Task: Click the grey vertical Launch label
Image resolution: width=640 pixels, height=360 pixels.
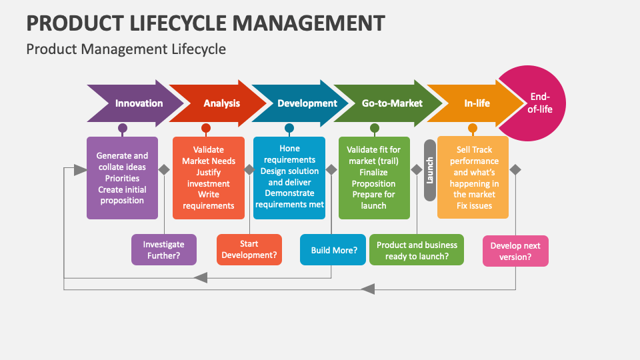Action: [430, 170]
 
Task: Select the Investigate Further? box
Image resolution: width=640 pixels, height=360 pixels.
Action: [164, 249]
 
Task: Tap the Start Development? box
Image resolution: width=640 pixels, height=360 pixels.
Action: [249, 249]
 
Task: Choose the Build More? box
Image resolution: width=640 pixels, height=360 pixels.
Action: [333, 250]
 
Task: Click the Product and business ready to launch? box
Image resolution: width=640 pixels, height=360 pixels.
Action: [417, 250]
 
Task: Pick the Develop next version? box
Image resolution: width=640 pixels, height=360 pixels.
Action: [515, 251]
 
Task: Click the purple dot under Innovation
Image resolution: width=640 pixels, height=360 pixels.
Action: [123, 128]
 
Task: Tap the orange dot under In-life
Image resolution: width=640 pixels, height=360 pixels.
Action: [473, 128]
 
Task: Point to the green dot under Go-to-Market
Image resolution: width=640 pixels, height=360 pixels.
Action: [375, 128]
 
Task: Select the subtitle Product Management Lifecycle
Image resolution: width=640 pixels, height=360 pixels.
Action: [126, 49]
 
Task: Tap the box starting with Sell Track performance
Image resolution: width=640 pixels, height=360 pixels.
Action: [473, 178]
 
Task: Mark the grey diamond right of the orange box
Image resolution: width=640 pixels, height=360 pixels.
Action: [515, 169]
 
